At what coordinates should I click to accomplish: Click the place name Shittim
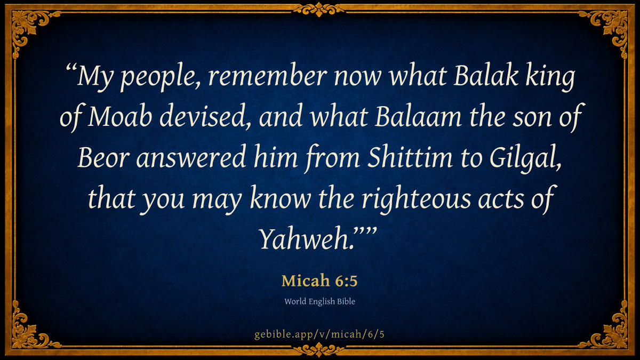pyautogui.click(x=410, y=157)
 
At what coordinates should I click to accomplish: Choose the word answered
pyautogui.click(x=191, y=157)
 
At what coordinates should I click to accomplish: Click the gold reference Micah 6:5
pyautogui.click(x=319, y=281)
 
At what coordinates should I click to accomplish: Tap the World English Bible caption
pyautogui.click(x=319, y=301)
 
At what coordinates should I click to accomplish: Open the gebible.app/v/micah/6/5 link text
pyautogui.click(x=319, y=334)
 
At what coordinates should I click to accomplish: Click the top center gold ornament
pyautogui.click(x=318, y=9)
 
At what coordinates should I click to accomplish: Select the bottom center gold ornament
pyautogui.click(x=318, y=350)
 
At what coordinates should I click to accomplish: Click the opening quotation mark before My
pyautogui.click(x=71, y=68)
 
